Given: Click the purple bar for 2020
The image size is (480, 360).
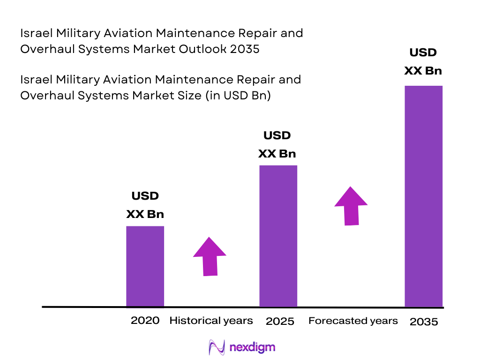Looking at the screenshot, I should tap(145, 266).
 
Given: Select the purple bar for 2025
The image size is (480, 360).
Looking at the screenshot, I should tap(278, 236).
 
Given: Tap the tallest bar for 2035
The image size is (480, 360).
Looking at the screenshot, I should tap(423, 196).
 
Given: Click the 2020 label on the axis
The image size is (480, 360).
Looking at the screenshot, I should tap(145, 321).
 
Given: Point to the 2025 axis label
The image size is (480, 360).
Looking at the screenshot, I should tap(280, 321).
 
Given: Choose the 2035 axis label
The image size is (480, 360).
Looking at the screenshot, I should tap(424, 322).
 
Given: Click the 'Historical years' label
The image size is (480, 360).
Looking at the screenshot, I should tap(211, 321).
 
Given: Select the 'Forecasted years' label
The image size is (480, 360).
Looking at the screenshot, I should tap(353, 321).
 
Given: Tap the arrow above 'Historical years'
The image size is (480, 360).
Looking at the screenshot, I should tap(210, 256).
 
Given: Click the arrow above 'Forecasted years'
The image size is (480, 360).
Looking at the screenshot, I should tap(351, 206).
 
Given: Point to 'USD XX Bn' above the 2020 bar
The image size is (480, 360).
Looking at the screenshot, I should tap(145, 205).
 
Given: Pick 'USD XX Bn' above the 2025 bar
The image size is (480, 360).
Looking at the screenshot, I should tap(277, 144).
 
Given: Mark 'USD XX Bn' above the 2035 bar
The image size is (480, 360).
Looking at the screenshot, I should tap(423, 61).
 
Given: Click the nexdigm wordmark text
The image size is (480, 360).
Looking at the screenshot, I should tap(253, 347).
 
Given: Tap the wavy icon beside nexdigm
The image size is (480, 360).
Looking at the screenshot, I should tap(217, 347).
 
